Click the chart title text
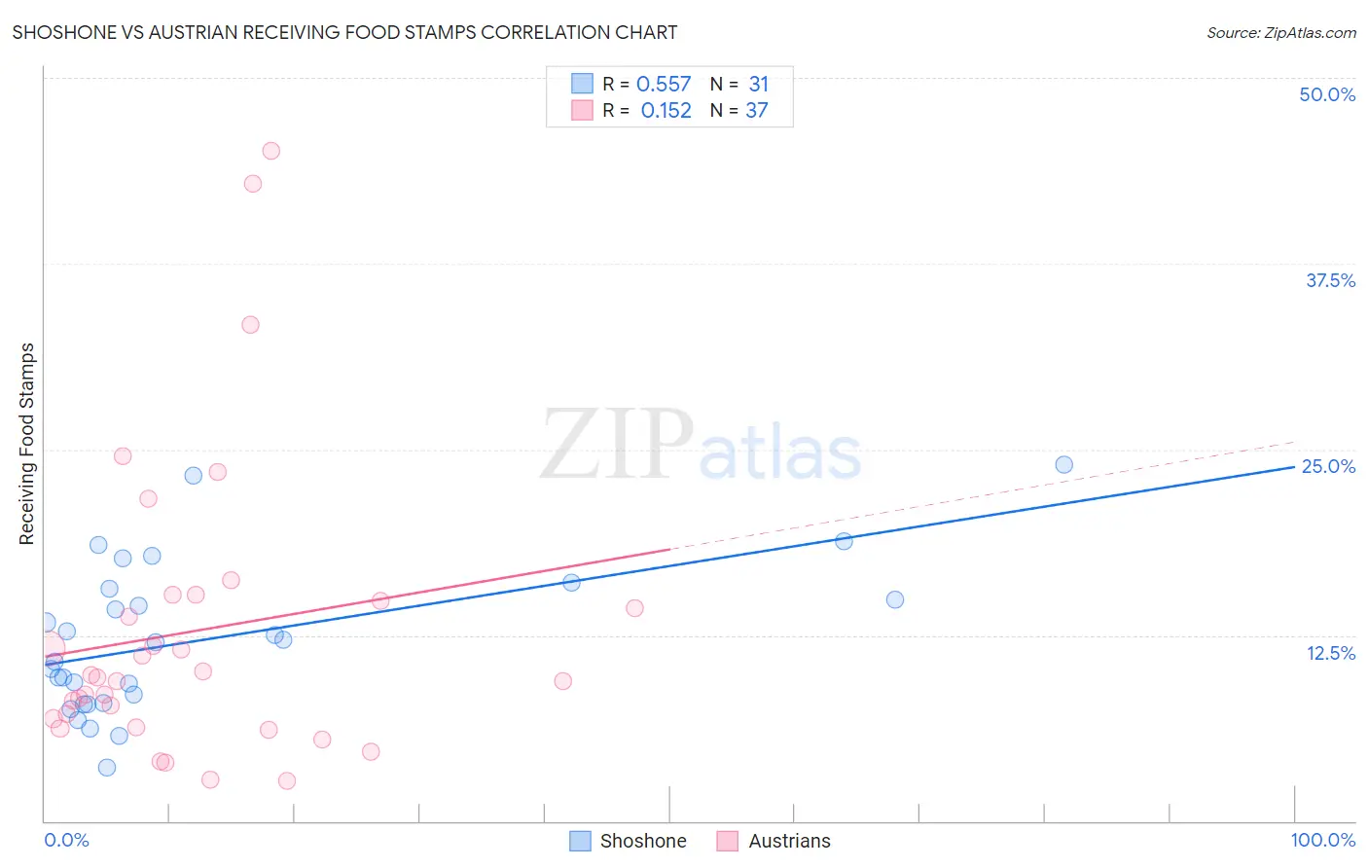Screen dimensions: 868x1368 (x=344, y=32)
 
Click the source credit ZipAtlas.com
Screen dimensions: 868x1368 (x=1280, y=32)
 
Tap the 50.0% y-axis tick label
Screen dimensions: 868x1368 (x=1327, y=94)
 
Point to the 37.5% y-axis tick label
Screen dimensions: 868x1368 (x=1330, y=280)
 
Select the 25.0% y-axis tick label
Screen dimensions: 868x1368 (x=1328, y=466)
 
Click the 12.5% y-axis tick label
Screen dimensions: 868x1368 (x=1330, y=653)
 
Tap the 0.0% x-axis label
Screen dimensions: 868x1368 (x=66, y=840)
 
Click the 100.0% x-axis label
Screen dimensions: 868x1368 (x=1322, y=840)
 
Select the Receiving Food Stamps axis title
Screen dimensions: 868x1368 (x=27, y=444)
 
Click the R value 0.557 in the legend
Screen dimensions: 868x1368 (x=664, y=85)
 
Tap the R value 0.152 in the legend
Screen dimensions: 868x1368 (x=666, y=111)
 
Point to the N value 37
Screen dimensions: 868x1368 (x=757, y=111)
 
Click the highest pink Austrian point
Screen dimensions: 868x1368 (x=271, y=151)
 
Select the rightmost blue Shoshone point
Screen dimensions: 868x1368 (x=1063, y=465)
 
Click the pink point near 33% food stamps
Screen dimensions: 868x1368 (x=250, y=325)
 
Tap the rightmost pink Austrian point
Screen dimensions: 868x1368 (x=634, y=608)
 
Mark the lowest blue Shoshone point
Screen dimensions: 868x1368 (x=107, y=768)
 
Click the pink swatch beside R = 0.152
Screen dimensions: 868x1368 (x=582, y=110)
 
